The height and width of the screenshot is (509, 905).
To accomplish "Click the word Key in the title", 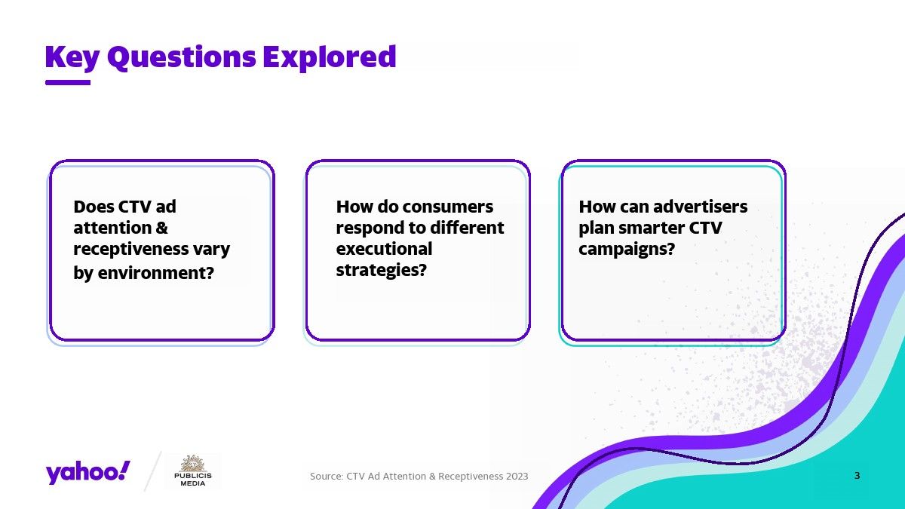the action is click(x=72, y=58).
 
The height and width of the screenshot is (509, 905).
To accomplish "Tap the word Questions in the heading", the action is click(x=182, y=58).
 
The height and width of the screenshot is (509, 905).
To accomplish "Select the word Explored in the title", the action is click(x=330, y=57).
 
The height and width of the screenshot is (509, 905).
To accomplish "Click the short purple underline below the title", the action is click(x=68, y=82).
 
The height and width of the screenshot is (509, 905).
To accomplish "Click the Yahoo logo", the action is click(x=87, y=472).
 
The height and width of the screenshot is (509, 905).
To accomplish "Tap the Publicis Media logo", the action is click(x=193, y=471).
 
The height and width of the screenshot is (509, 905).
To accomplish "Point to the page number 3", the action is click(x=857, y=476).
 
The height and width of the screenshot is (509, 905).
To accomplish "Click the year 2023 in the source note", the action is click(x=517, y=477).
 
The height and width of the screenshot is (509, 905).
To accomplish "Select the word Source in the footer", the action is click(x=327, y=477).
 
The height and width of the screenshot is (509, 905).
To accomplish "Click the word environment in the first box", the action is click(x=155, y=273).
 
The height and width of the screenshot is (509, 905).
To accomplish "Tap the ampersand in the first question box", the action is click(x=161, y=228).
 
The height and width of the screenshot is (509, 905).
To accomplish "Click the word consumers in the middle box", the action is click(x=448, y=207).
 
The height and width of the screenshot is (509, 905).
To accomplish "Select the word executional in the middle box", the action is click(x=384, y=249).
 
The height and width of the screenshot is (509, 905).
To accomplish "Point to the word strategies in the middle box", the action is click(x=382, y=270).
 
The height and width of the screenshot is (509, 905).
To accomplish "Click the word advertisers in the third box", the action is click(x=700, y=207).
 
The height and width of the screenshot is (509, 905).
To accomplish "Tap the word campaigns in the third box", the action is click(x=627, y=250).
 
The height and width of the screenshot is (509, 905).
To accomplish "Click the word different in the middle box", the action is click(x=467, y=228).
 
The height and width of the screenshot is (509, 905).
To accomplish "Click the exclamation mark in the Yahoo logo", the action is click(x=125, y=471).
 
